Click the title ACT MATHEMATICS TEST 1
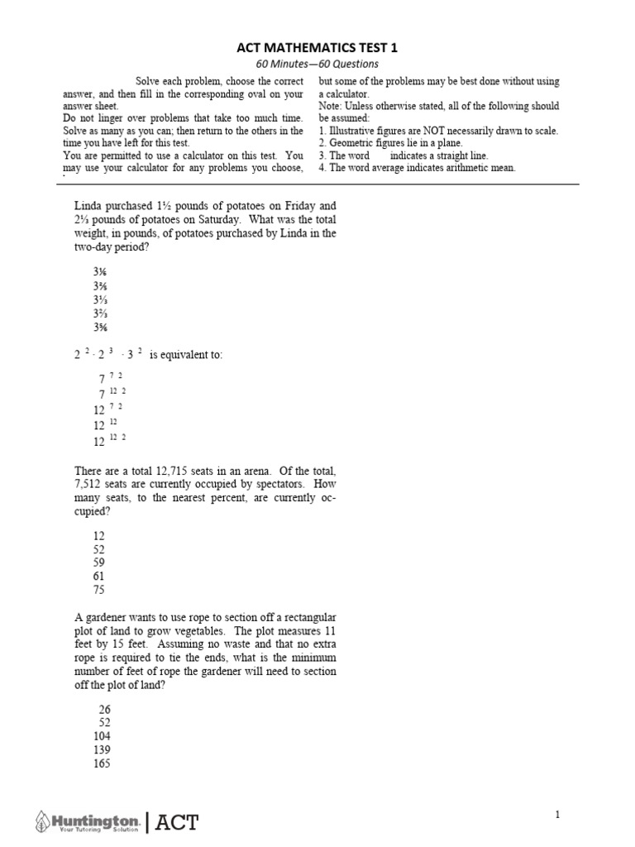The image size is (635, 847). click(318, 48)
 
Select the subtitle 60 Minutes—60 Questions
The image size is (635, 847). click(318, 65)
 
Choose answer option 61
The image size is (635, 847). click(99, 577)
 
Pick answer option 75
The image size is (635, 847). click(99, 591)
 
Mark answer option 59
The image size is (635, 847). click(99, 562)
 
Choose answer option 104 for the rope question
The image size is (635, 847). click(103, 736)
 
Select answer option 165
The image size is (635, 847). click(103, 764)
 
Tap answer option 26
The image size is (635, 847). click(104, 710)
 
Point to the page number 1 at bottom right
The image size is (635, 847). click(557, 815)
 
